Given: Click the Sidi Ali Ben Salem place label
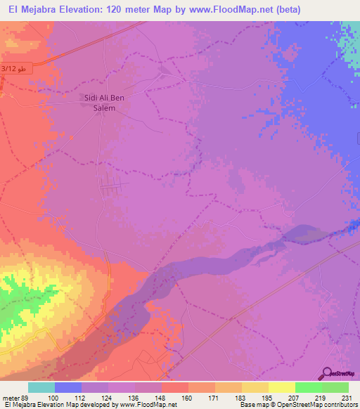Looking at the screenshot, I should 104,103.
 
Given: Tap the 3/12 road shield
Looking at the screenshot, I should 14,68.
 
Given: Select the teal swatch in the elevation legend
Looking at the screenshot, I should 41,387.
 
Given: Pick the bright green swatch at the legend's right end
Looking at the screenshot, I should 335,387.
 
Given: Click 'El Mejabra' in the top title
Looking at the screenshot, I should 30,10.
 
